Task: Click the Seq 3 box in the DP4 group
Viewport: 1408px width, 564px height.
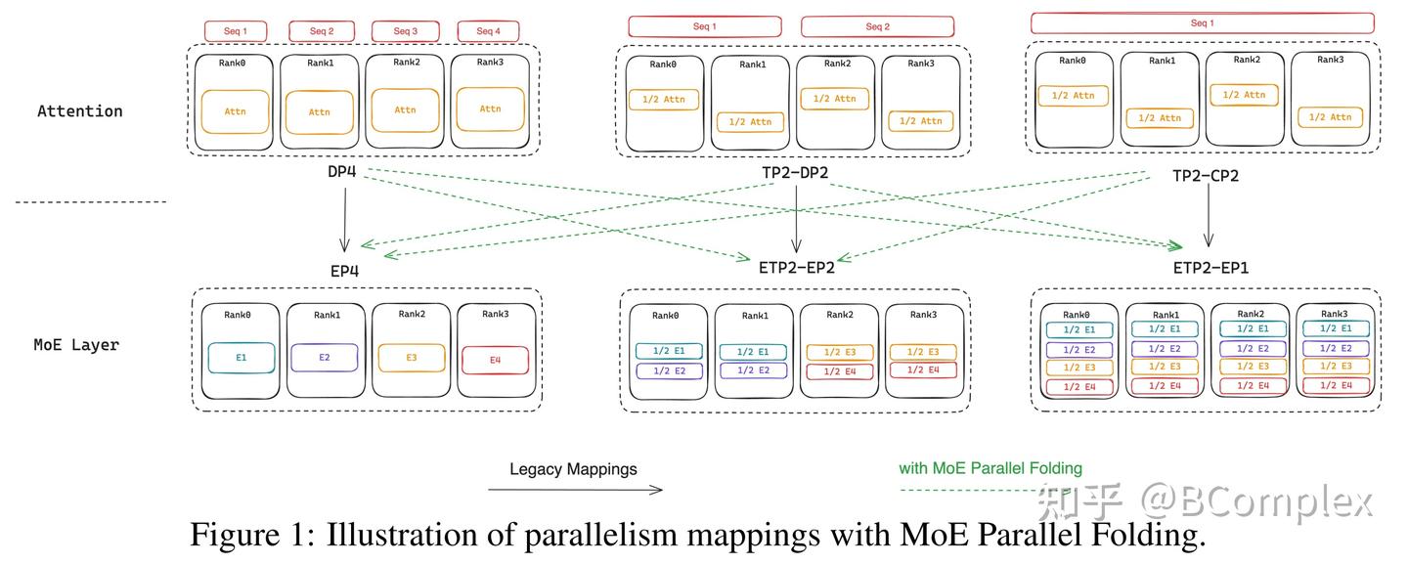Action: coord(406,30)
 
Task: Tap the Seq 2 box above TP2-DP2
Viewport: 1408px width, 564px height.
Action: coord(877,26)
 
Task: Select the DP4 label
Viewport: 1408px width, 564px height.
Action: coord(342,171)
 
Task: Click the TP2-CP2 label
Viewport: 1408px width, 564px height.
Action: coord(1205,176)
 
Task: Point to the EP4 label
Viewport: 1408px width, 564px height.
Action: coord(344,272)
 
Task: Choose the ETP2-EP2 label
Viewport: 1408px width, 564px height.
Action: coord(796,268)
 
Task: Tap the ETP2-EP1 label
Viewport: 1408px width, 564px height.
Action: coord(1210,268)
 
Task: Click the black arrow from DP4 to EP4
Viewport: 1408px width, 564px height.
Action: coord(344,219)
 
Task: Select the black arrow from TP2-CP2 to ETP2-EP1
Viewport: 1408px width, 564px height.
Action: coord(1209,214)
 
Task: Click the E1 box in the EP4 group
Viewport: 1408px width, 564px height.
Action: coord(242,358)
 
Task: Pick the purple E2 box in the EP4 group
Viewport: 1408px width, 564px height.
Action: coord(325,358)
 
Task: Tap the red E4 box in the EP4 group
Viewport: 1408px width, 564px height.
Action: coord(496,361)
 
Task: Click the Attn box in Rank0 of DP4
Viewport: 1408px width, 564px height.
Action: coord(235,111)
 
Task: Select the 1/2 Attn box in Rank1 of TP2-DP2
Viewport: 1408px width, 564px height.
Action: coord(751,122)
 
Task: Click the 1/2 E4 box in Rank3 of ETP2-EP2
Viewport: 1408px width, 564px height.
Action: coord(923,369)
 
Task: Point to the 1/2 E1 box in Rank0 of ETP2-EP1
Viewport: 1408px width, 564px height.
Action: coord(1079,329)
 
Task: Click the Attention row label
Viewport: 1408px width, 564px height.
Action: coord(80,111)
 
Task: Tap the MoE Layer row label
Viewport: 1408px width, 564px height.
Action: coord(76,345)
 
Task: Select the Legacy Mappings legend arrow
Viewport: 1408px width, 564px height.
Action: coord(575,490)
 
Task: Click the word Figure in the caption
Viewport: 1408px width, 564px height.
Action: coord(235,535)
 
